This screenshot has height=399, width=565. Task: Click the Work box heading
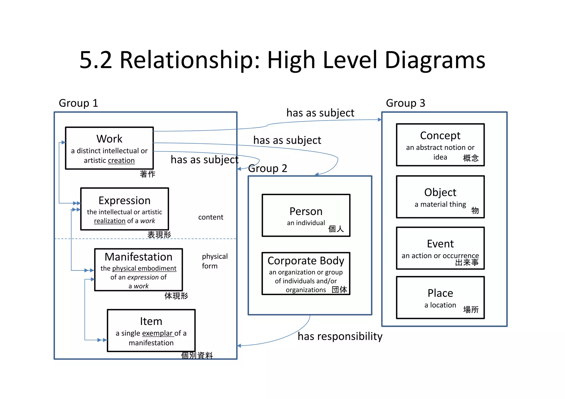tap(109, 139)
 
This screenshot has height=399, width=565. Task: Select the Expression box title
tap(124, 200)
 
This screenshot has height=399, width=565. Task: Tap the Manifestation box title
tap(138, 257)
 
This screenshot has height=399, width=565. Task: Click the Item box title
tap(151, 321)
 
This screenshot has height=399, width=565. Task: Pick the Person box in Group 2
tap(306, 215)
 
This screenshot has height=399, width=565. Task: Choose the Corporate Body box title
tap(306, 261)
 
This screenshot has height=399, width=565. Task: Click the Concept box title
tap(440, 136)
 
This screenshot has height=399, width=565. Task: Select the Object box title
tap(440, 192)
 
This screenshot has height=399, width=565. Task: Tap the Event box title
tap(440, 244)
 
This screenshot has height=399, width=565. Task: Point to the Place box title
tap(440, 293)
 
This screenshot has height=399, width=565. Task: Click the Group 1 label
tap(78, 103)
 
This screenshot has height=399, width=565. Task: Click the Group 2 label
tap(268, 168)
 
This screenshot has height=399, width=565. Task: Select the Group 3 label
tap(405, 103)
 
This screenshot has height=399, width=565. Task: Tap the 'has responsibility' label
tap(340, 336)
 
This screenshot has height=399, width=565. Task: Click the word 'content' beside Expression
tap(210, 217)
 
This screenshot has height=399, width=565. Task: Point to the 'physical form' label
tap(214, 261)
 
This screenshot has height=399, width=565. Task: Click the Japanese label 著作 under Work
tap(147, 174)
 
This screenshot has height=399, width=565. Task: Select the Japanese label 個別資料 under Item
tap(197, 355)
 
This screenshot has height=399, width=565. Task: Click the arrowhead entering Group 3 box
tap(380, 120)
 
